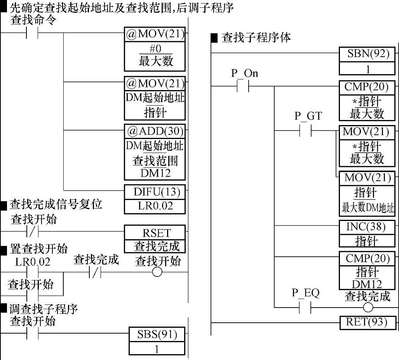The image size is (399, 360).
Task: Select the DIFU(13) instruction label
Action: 155,191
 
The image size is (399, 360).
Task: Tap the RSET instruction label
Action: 155,233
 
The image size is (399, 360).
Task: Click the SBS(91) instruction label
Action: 157,334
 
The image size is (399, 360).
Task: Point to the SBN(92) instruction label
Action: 367,54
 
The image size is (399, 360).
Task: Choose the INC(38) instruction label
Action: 367,227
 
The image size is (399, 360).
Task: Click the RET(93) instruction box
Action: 367,322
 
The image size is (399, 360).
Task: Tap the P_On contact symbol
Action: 242,86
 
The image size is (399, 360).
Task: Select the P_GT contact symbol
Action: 306,131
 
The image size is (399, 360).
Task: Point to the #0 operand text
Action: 155,49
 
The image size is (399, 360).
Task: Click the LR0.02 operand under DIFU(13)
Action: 155,206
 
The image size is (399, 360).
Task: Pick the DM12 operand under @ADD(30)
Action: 155,173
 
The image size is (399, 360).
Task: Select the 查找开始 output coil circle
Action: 157,272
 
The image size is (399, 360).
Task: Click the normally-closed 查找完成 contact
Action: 95,272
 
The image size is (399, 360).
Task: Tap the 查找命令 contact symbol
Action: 32,33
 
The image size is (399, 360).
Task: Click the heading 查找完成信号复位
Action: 55,204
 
